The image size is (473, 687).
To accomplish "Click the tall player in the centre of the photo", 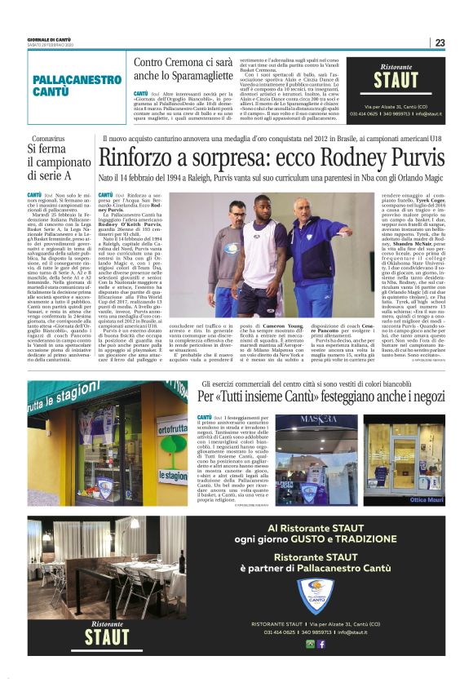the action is click(259, 245).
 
